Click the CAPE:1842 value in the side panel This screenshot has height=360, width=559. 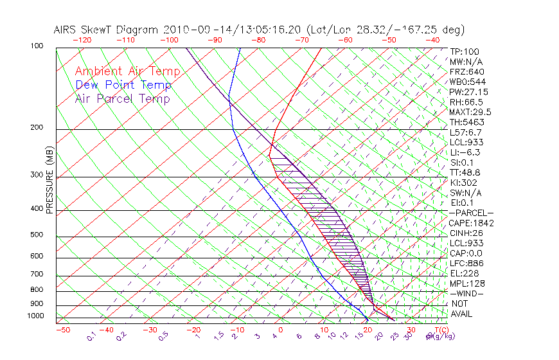pyautogui.click(x=469, y=223)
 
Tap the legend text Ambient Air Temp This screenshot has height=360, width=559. pyautogui.click(x=127, y=72)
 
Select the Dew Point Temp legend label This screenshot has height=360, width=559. pyautogui.click(x=123, y=85)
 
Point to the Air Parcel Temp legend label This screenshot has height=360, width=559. pyautogui.click(x=122, y=99)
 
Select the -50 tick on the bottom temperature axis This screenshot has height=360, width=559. pyautogui.click(x=62, y=330)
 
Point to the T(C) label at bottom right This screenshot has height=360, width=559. pyautogui.click(x=438, y=330)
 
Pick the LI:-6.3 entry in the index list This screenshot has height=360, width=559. pyautogui.click(x=465, y=152)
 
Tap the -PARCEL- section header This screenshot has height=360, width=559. pyautogui.click(x=471, y=213)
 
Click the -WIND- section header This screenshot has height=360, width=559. pyautogui.click(x=466, y=293)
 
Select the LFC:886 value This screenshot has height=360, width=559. pyautogui.click(x=466, y=263)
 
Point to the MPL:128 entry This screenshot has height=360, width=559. pyautogui.click(x=466, y=283)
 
